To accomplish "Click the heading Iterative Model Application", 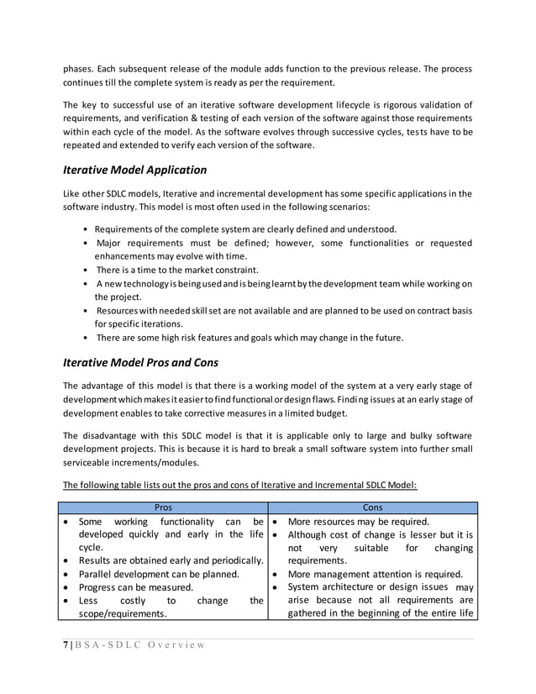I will click(134, 170).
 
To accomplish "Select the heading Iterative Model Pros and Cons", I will click(141, 364).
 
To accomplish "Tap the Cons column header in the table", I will click(372, 508).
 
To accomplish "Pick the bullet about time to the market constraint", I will click(177, 270).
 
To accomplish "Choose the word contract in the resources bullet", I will click(418, 311).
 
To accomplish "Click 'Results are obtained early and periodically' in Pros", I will click(171, 560).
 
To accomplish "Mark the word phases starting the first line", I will click(79, 68).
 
